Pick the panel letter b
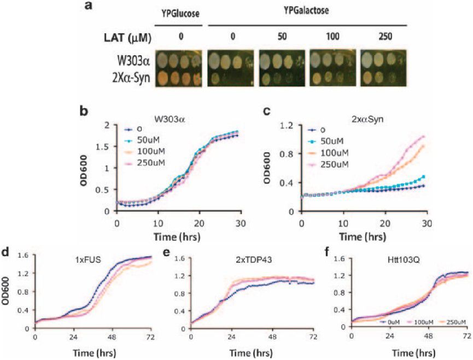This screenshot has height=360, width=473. [x=84, y=111]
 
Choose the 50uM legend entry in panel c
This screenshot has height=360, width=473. [x=330, y=140]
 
